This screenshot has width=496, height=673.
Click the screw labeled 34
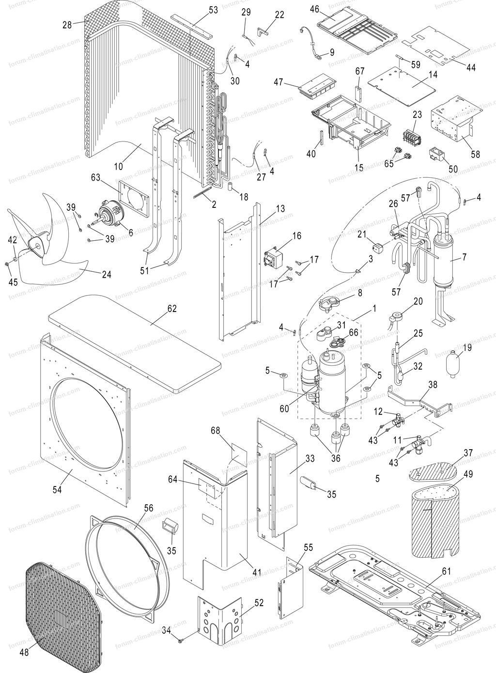[180, 641]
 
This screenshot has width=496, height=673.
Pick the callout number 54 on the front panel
[58, 489]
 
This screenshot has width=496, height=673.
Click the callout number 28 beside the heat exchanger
[66, 23]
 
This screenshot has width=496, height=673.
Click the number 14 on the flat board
[433, 75]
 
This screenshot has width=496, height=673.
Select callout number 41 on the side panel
[256, 572]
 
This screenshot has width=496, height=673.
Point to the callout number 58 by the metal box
[475, 155]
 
